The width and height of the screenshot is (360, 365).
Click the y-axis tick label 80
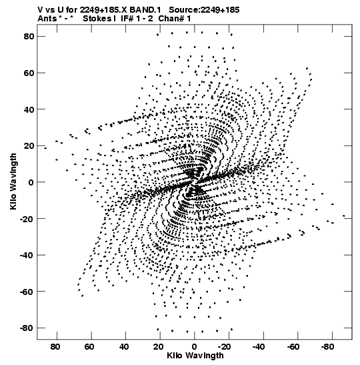[29, 37]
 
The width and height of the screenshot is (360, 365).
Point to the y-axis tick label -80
[27, 328]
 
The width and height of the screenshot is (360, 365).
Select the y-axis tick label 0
[31, 182]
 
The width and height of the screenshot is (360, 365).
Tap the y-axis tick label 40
[29, 109]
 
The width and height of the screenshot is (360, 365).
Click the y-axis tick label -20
[27, 219]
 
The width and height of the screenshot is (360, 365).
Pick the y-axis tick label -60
[27, 292]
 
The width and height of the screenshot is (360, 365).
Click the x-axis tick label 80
[55, 347]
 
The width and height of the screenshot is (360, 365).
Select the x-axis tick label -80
[327, 347]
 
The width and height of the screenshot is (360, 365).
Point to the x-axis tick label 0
[195, 347]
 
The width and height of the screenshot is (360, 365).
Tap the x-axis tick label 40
[124, 347]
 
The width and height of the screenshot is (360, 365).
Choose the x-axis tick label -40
[259, 347]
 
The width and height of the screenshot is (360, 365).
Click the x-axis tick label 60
[89, 347]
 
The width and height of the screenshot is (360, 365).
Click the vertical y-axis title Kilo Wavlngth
[13, 181]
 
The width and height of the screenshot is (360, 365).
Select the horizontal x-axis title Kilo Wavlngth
[195, 356]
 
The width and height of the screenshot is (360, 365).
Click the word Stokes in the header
[97, 19]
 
